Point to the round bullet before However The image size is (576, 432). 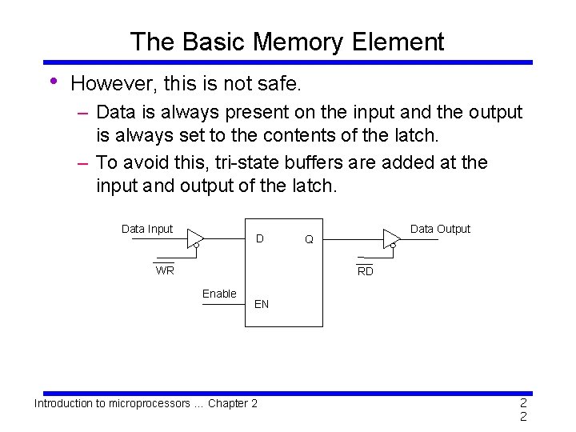52,82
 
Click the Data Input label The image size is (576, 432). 146,229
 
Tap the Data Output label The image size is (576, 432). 440,229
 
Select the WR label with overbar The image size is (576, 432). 165,270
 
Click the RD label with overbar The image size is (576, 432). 365,271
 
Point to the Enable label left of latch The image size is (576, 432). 219,294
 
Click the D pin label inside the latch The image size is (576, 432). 259,238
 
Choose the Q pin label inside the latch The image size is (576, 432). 309,238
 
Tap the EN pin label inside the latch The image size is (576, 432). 262,304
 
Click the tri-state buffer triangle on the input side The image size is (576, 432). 194,238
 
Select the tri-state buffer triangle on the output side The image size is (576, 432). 391,238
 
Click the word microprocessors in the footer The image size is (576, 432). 142,403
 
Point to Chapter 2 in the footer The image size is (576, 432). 232,403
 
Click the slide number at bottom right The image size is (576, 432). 523,410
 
